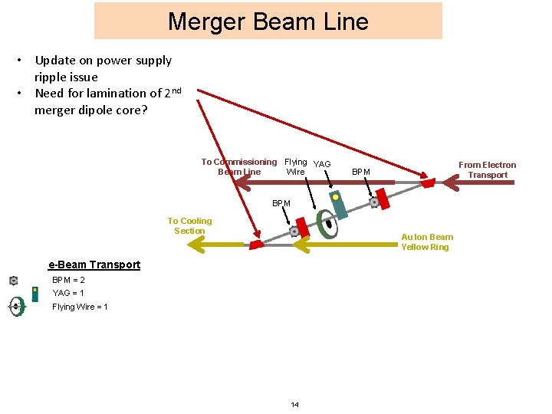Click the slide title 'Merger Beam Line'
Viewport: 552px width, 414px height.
coord(268,21)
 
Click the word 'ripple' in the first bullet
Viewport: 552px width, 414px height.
coord(52,77)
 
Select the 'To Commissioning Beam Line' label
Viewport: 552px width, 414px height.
coord(239,166)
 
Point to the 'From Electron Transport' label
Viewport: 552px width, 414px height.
coord(488,169)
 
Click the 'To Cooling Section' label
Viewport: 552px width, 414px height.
coord(189,225)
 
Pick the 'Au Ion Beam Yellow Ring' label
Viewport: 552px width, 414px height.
coord(427,242)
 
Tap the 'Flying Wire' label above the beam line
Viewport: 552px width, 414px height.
coord(295,166)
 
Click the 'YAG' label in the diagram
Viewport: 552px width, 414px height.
coord(322,164)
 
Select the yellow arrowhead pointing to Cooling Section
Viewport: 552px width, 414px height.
coord(201,245)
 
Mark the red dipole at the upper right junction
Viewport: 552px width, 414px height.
coord(428,182)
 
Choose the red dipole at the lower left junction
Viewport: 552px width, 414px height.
coord(255,245)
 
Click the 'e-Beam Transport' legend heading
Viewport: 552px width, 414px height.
coord(94,264)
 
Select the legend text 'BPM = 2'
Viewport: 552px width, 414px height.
coord(68,280)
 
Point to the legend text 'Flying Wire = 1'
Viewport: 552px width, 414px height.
coord(80,307)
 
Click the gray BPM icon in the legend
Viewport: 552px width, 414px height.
coord(13,281)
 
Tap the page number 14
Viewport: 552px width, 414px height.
coord(295,404)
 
